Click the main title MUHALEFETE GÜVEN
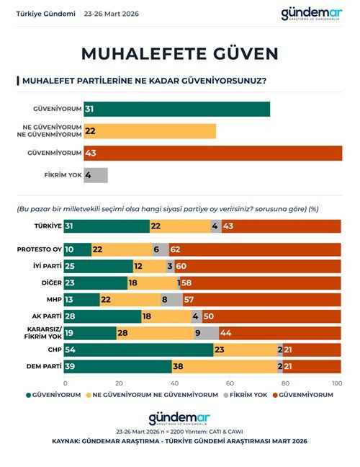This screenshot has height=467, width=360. (x=179, y=53)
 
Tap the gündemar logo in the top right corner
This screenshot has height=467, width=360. (x=317, y=14)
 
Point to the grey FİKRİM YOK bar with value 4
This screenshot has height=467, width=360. (x=95, y=175)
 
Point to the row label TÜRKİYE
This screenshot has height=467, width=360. (x=48, y=226)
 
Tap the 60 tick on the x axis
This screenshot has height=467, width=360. (x=230, y=382)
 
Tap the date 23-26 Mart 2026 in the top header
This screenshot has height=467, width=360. (x=112, y=14)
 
